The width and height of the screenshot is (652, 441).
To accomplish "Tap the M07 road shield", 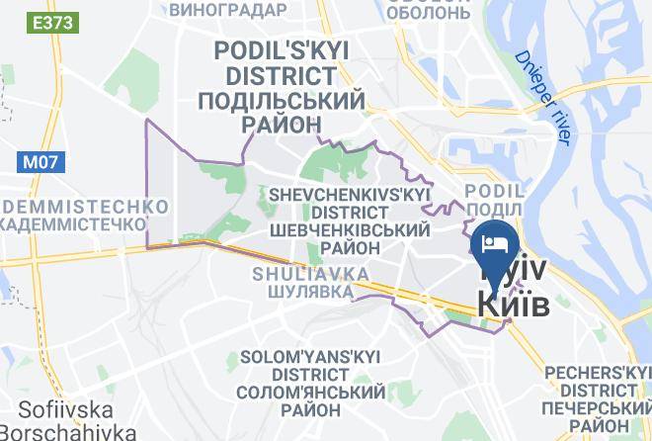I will coord(41,159).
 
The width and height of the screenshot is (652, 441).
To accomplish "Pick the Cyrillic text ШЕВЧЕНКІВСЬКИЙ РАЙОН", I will coord(350,238).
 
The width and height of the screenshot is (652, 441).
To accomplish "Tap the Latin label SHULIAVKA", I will coord(310,272).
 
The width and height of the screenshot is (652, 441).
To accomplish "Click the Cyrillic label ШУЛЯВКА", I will coord(310,292).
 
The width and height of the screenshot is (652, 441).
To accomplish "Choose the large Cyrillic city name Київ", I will coord(513,304).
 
